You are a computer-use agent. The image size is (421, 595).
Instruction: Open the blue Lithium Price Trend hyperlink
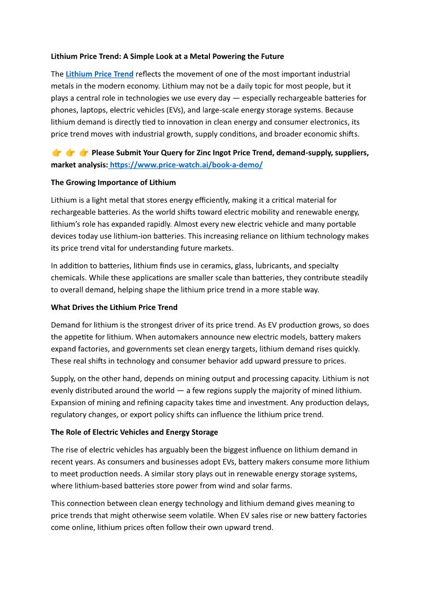pos(100,74)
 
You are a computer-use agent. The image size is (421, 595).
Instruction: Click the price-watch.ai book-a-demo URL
pos(186,165)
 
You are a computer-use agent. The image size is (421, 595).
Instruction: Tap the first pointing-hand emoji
pos(57,153)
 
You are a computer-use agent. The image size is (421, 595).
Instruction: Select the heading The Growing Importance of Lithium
pos(113,182)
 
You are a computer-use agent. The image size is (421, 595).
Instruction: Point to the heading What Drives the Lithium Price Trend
pos(114,307)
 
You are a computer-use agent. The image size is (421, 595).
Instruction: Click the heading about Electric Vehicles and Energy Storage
pos(134,432)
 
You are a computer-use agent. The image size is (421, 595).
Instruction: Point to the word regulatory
pos(71,415)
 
